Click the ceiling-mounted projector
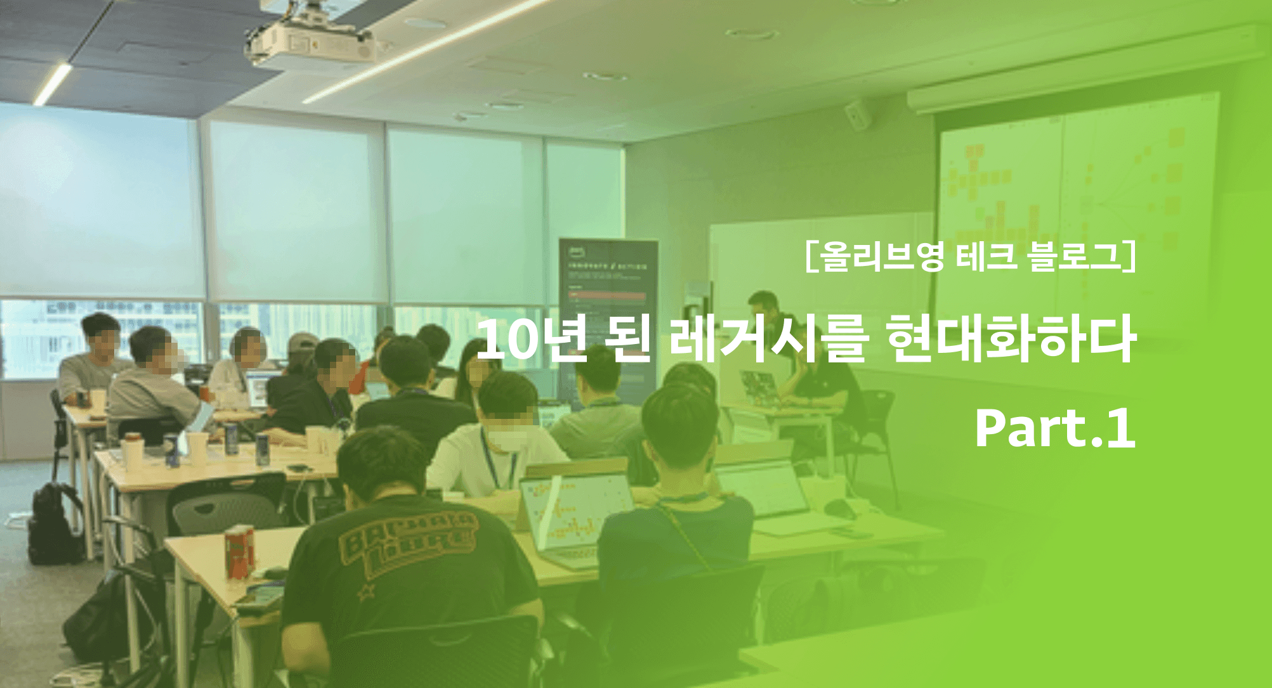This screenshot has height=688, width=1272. pyautogui.click(x=314, y=42)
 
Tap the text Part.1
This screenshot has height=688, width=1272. pyautogui.click(x=1054, y=430)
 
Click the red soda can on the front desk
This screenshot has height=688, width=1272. pyautogui.click(x=239, y=551)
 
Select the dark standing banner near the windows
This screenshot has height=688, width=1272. pyautogui.click(x=606, y=305)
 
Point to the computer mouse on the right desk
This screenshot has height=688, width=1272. pyautogui.click(x=841, y=508)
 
